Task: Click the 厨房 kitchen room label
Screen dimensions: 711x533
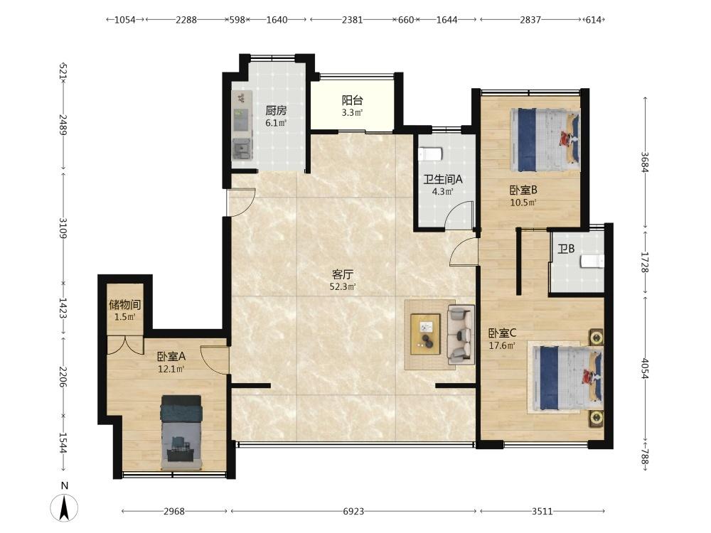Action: click(276, 110)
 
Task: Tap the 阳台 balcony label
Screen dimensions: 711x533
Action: click(353, 100)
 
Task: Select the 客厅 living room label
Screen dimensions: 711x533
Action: click(343, 274)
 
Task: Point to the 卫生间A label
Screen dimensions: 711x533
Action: click(442, 180)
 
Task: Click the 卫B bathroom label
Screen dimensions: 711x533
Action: click(567, 249)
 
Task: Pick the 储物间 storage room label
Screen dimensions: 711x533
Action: click(124, 305)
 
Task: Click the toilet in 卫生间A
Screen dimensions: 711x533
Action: click(430, 154)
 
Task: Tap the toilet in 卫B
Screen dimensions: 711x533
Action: click(593, 262)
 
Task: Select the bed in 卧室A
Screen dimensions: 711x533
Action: click(181, 432)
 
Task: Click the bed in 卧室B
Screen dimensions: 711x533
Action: click(545, 139)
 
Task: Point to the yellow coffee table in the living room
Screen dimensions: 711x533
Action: click(425, 334)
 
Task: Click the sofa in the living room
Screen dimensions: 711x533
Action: click(461, 335)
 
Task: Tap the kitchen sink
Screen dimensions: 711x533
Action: click(242, 149)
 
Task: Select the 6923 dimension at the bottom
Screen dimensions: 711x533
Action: click(353, 511)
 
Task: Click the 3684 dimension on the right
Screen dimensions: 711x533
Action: click(645, 162)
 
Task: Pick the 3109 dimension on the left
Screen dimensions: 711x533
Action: click(63, 228)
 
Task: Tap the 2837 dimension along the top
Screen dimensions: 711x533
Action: click(530, 19)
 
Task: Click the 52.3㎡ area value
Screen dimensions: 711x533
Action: click(343, 286)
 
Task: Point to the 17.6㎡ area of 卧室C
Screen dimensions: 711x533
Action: click(501, 346)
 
